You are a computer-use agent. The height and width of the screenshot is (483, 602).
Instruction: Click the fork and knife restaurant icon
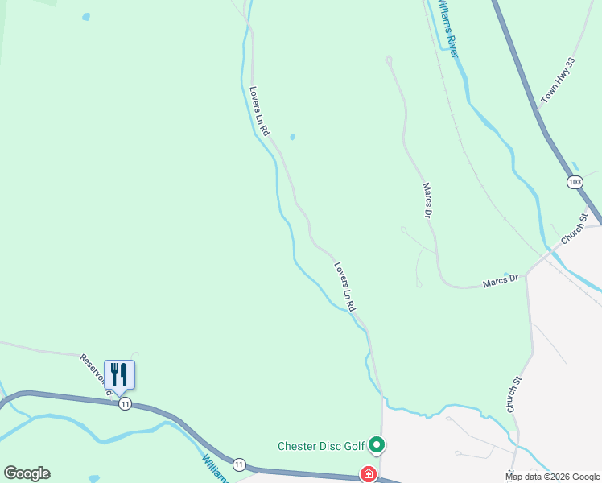click(x=119, y=374)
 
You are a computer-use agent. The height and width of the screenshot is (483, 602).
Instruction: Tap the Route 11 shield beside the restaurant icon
click(x=125, y=403)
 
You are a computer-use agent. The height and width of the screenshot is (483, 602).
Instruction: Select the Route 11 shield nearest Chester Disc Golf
click(x=239, y=464)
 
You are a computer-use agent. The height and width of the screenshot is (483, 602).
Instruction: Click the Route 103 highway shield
click(x=574, y=182)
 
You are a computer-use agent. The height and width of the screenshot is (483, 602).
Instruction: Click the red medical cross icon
click(x=369, y=474)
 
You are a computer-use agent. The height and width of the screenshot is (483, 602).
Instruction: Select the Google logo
click(x=27, y=473)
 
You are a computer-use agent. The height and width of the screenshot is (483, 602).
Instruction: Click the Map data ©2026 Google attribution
click(x=553, y=477)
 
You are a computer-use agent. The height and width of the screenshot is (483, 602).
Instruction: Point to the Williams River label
click(x=447, y=28)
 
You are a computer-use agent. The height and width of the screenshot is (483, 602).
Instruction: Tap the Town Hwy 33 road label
click(x=559, y=80)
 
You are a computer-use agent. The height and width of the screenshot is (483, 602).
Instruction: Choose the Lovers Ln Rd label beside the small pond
click(x=259, y=111)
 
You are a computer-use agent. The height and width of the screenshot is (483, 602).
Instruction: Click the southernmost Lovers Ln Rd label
click(x=344, y=287)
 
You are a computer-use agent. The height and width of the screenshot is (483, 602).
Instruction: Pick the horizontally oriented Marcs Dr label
click(x=502, y=282)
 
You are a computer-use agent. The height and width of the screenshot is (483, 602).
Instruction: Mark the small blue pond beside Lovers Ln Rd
click(x=291, y=136)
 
